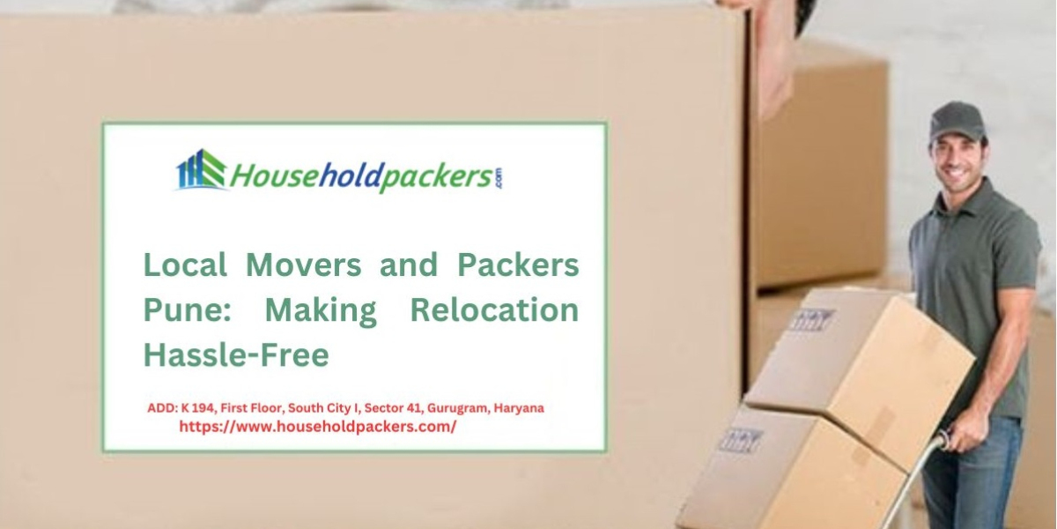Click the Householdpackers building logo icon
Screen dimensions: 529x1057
[x=201, y=170]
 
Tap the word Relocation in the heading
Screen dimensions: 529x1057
[x=494, y=310]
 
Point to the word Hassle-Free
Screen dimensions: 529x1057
[x=236, y=355]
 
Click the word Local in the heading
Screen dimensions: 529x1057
[x=185, y=264]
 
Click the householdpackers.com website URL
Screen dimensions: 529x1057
[x=318, y=427]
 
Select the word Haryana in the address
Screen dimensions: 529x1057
[x=519, y=408]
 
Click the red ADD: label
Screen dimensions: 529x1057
[x=162, y=408]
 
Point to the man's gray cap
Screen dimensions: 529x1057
[x=956, y=121]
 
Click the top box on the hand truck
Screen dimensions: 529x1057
[x=859, y=361]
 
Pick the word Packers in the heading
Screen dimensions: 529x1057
[x=518, y=264]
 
